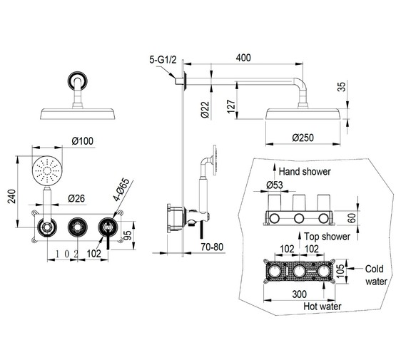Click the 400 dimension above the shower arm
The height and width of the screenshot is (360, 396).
coord(243,58)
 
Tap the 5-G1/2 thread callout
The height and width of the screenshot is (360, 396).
coord(163,60)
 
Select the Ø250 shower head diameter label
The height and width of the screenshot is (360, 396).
coord(303,138)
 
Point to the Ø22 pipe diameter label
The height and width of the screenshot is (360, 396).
coord(205,110)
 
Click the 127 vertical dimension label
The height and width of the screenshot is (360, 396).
coord(231,107)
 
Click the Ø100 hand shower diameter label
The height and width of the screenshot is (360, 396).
coord(82,140)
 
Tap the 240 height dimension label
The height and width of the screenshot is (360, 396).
coord(12,196)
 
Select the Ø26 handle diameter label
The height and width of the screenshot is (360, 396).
coord(76,199)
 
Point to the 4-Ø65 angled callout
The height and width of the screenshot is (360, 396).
coord(121,190)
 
